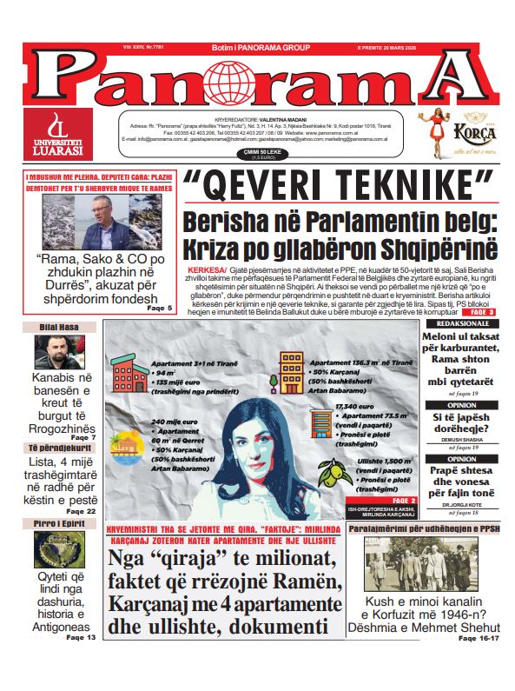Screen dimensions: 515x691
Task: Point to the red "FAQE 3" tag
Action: pyautogui.click(x=483, y=312)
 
